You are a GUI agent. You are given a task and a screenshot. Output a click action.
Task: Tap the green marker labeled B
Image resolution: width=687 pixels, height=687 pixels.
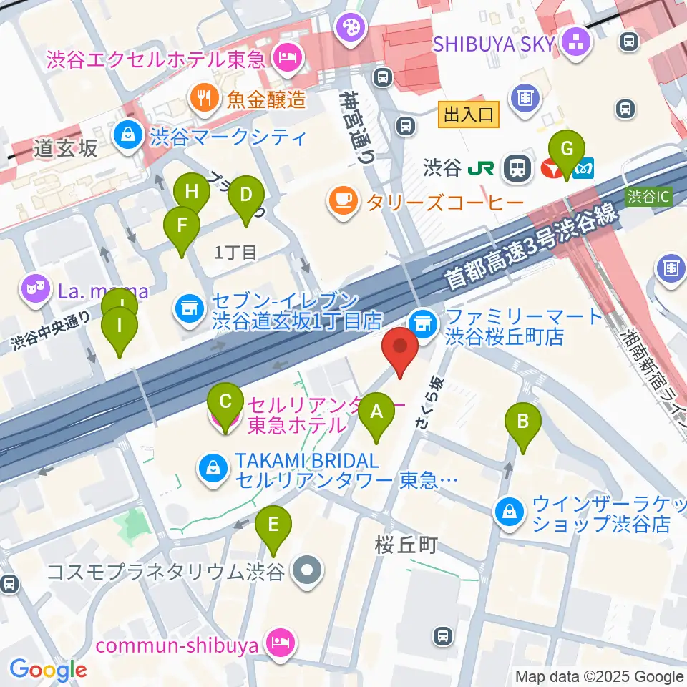click(x=523, y=422)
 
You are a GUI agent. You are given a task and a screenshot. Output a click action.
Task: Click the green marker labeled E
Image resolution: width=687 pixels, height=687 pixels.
click(x=273, y=525)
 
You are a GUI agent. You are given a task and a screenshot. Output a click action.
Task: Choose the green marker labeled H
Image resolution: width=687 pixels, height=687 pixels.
click(x=192, y=193)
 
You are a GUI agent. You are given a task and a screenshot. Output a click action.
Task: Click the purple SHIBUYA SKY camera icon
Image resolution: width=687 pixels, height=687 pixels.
click(x=575, y=42)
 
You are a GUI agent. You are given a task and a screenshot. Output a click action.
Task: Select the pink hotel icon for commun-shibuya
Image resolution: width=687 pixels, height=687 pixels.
click(x=278, y=644)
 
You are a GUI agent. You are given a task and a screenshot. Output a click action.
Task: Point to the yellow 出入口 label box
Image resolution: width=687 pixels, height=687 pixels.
click(x=468, y=114)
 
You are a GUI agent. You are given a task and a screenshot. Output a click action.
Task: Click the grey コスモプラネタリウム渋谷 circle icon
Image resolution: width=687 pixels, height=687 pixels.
click(x=308, y=570)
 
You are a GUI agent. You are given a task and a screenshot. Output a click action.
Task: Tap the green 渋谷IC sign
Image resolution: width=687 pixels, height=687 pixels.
click(x=648, y=195)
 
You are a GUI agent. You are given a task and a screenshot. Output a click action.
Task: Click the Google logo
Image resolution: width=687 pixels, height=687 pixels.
click(x=48, y=670)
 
